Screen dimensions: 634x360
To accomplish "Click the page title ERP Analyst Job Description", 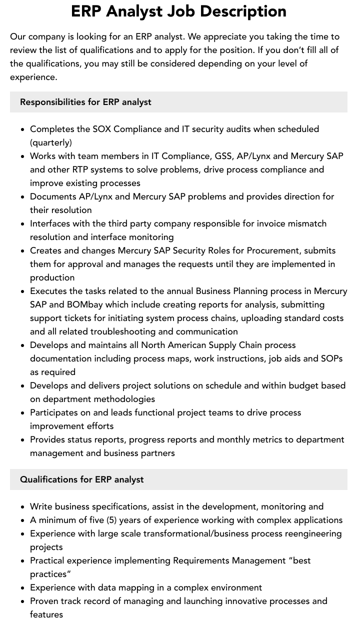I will coord(179,11).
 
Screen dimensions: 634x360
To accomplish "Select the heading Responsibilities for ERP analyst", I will coord(85,102).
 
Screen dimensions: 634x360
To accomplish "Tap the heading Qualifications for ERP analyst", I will coord(81,479).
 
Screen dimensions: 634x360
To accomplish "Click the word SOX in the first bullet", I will coord(102,129).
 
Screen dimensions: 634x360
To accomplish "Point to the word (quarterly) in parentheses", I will coord(51,142).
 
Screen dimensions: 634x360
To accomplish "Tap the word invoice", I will coord(273,223).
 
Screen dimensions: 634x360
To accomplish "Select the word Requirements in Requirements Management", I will coord(201,560).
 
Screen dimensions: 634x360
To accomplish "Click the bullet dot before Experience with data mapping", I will coord(23,588).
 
